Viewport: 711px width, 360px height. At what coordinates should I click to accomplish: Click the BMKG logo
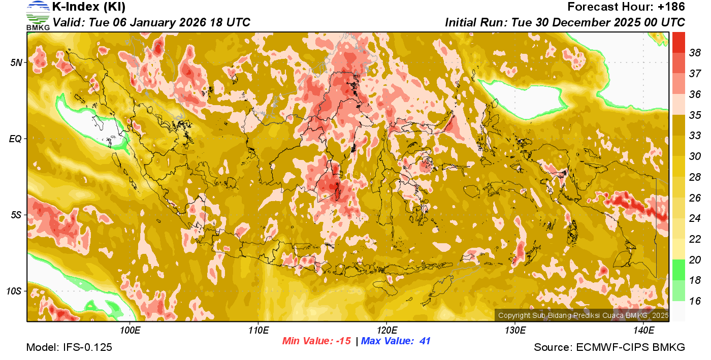pos(38,15)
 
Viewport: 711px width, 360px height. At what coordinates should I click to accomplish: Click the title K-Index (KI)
pos(89,7)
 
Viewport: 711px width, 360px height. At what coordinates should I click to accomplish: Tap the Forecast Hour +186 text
pos(626,7)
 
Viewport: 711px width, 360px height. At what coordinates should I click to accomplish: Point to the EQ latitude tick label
pos(16,139)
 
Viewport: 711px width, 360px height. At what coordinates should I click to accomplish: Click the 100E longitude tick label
pos(130,331)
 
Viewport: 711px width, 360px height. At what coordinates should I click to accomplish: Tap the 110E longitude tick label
pos(258,331)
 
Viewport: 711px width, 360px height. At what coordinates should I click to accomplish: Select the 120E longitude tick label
pos(387,331)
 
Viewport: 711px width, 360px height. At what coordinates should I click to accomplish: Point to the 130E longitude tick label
pos(515,331)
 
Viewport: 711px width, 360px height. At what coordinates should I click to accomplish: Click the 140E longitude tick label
pos(644,331)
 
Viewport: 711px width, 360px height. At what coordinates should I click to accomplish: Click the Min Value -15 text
pos(316,341)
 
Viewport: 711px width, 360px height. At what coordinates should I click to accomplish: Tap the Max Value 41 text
pos(396,341)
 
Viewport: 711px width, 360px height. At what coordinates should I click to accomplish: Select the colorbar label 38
pos(695,53)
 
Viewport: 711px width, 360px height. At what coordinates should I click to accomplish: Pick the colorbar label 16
pos(695,301)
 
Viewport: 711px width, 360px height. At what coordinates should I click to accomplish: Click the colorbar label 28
pos(695,177)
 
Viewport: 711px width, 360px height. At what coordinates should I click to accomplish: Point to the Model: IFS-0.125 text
pos(69,348)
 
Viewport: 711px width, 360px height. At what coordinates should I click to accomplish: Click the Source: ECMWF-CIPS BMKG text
pos(609,348)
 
